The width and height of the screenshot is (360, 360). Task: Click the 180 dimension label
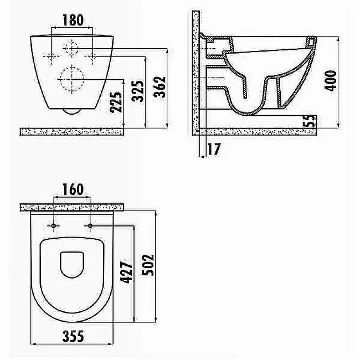coord(73,20)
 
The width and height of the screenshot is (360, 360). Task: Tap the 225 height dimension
coord(116,102)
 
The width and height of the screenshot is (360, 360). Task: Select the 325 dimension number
coord(138,91)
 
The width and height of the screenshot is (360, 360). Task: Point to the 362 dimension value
coord(160,88)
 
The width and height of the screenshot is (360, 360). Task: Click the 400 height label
coord(331,81)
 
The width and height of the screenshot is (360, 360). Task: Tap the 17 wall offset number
coord(214,149)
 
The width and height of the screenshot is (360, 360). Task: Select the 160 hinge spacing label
coord(73,189)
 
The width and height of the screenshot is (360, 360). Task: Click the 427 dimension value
coord(126,271)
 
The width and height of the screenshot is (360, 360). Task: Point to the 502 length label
coord(148,265)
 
